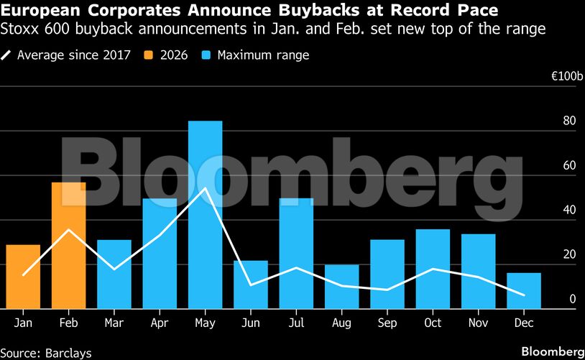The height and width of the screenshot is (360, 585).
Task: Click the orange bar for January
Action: (23, 277)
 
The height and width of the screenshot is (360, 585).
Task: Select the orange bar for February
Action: (68, 246)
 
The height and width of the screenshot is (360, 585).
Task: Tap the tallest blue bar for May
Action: (205, 215)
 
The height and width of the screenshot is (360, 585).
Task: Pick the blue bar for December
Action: (524, 291)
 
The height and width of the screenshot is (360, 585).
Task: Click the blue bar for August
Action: (341, 287)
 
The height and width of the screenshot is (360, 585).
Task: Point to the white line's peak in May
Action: (206, 188)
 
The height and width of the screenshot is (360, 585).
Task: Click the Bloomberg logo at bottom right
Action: (553, 352)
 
